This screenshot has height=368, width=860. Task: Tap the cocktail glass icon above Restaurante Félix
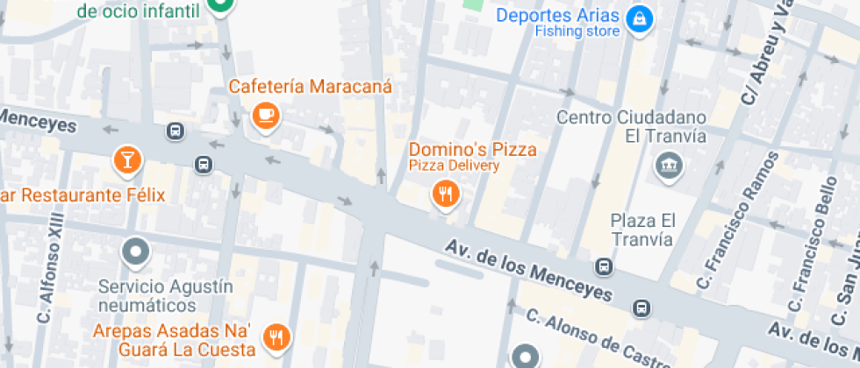click(127, 159)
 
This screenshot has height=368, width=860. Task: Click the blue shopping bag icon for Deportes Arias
click(641, 17)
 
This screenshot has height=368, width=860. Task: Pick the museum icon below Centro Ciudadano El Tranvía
click(669, 164)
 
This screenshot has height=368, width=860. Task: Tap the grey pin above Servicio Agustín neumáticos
click(136, 252)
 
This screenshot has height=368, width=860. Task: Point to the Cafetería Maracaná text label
click(310, 87)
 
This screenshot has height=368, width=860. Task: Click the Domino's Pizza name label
click(472, 149)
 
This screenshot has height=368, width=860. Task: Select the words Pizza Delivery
click(454, 165)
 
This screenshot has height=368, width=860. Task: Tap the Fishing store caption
click(577, 32)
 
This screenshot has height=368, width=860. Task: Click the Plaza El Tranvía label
click(642, 229)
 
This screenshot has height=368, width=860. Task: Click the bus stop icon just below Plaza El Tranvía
click(603, 265)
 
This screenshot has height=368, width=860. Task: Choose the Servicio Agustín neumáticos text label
click(154, 295)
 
